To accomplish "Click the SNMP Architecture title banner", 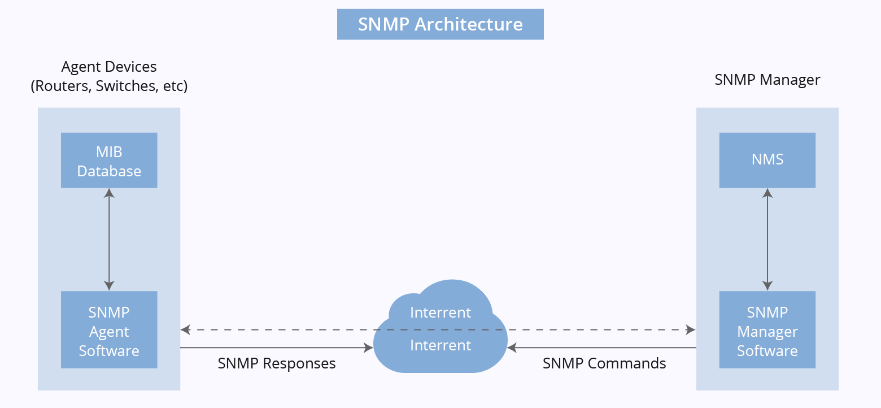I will pyautogui.click(x=440, y=24).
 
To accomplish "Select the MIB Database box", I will pyautogui.click(x=109, y=160).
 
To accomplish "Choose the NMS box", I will pyautogui.click(x=767, y=160).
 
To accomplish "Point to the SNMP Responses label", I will pyautogui.click(x=277, y=363).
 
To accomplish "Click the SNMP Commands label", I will pyautogui.click(x=604, y=363).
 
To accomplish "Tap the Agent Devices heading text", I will pyautogui.click(x=109, y=67).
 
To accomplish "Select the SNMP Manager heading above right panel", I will pyautogui.click(x=767, y=80).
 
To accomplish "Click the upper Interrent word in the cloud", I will pyautogui.click(x=440, y=312).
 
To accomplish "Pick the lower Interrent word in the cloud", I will pyautogui.click(x=440, y=345).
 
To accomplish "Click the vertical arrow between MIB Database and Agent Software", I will pyautogui.click(x=109, y=239).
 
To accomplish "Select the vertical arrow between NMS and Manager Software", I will pyautogui.click(x=767, y=239).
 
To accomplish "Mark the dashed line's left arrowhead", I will pyautogui.click(x=185, y=329).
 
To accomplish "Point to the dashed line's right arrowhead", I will pyautogui.click(x=691, y=329).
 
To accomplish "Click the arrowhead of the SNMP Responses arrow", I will pyautogui.click(x=369, y=348).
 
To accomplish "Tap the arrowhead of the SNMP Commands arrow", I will pyautogui.click(x=512, y=348).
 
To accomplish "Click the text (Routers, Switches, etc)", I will pyautogui.click(x=109, y=86).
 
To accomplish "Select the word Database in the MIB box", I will pyautogui.click(x=109, y=171).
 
